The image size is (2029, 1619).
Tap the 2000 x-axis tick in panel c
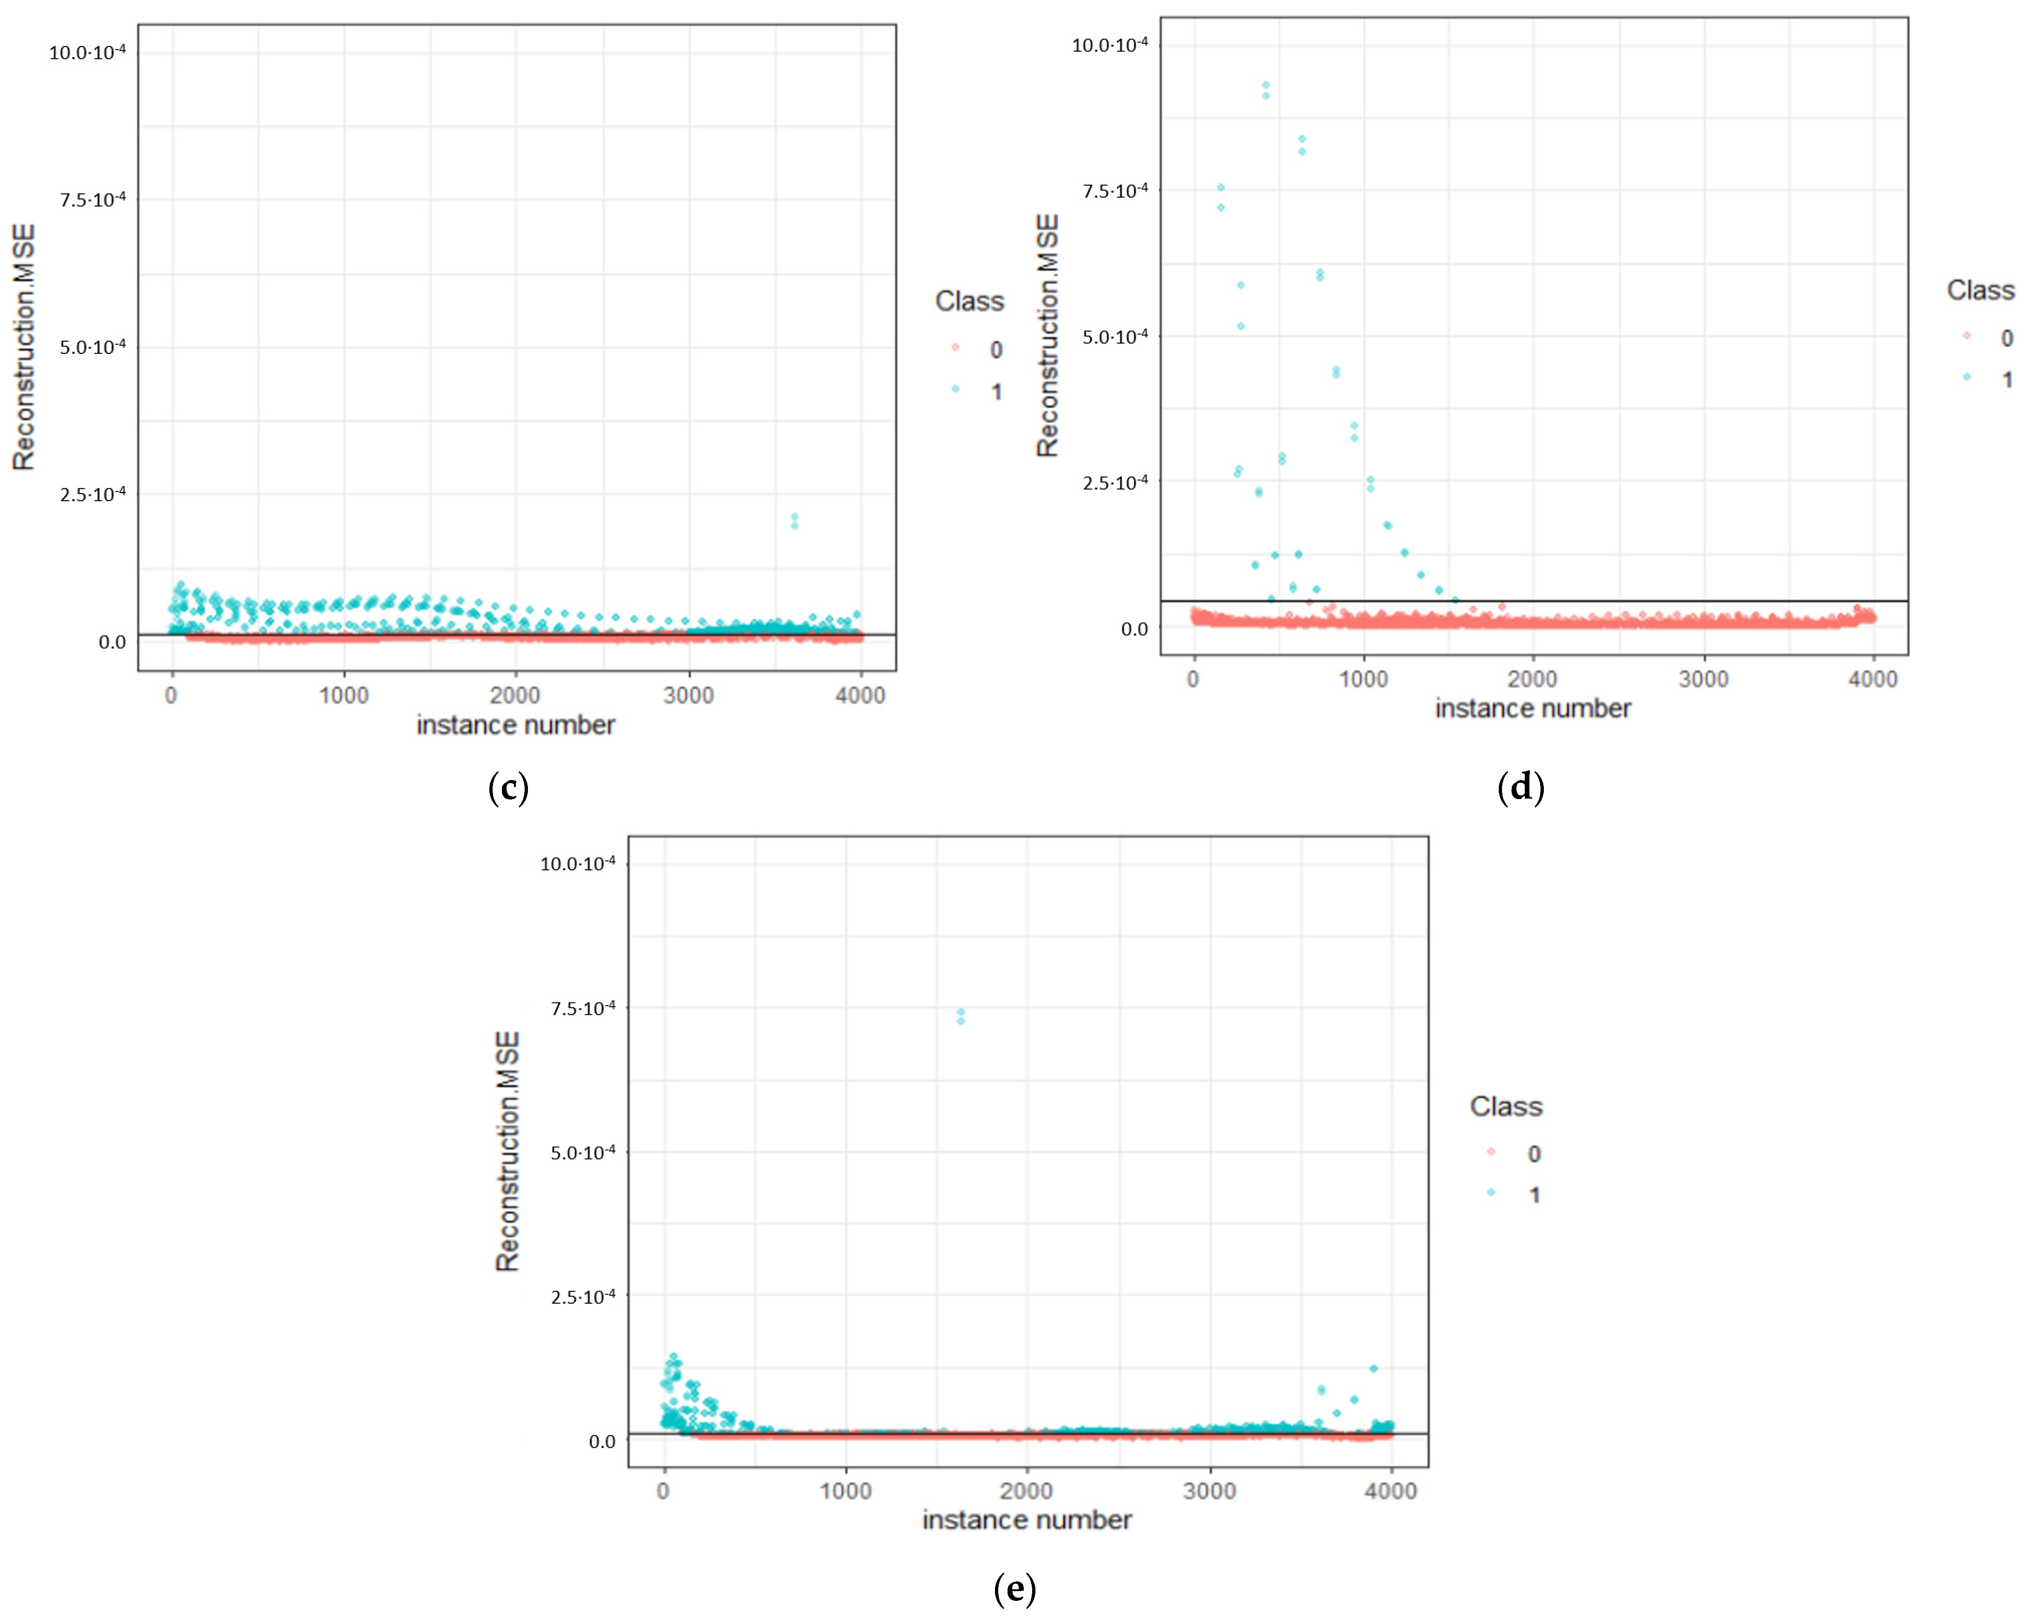point(515,696)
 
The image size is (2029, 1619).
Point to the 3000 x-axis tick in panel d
point(1704,679)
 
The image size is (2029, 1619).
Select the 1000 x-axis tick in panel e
point(845,1491)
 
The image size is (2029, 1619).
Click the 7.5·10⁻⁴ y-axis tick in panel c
point(92,200)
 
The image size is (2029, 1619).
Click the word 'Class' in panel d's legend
point(1980,290)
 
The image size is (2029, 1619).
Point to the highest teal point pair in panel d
point(1266,90)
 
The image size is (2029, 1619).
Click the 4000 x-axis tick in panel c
point(860,696)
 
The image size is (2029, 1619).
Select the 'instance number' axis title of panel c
point(516,725)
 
